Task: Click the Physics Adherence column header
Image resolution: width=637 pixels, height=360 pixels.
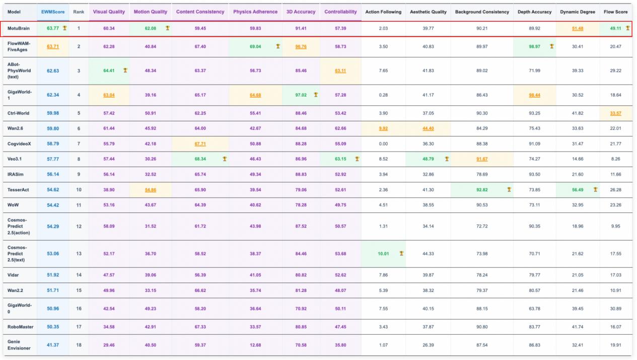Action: [255, 12]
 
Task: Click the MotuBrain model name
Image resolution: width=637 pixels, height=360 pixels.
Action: [19, 28]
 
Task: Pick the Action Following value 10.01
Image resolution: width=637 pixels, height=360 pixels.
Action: [383, 253]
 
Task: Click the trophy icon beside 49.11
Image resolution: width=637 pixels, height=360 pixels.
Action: [627, 28]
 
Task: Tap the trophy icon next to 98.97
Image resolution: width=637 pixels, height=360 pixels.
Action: [552, 46]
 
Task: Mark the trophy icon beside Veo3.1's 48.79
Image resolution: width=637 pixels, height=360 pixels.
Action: [446, 159]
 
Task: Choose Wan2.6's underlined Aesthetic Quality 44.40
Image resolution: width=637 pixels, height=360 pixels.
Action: [428, 128]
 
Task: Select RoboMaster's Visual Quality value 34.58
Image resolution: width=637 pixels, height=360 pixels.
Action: [109, 326]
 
